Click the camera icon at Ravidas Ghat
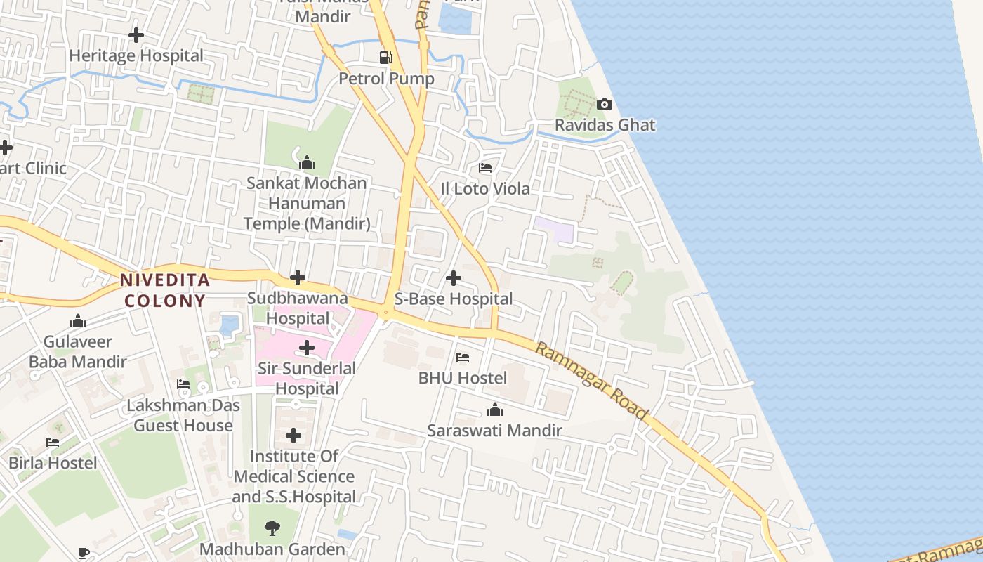[604, 105]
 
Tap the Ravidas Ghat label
[605, 125]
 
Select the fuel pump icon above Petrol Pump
[385, 58]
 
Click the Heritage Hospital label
[136, 55]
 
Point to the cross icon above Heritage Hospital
[136, 34]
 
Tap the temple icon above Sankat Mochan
[307, 163]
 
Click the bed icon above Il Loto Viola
[485, 168]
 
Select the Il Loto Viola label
[485, 189]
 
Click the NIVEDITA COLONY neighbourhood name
[165, 290]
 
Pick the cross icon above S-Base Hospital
[454, 278]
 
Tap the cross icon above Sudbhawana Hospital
[298, 277]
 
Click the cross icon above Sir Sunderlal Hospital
[307, 347]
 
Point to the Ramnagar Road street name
[591, 381]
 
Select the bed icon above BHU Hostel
[463, 358]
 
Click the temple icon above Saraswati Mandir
[495, 410]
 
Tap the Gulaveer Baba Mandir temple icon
[78, 322]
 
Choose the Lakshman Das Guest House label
[183, 415]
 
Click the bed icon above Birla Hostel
[53, 443]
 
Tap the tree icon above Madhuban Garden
[272, 528]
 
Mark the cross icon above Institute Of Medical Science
[293, 436]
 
